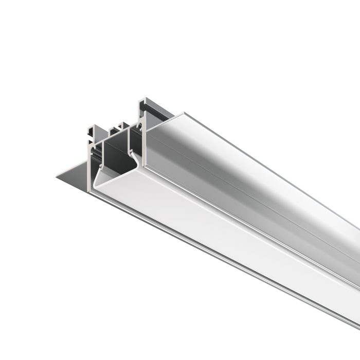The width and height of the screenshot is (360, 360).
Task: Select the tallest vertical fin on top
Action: (x=139, y=111)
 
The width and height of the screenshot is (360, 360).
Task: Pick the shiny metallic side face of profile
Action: (x=247, y=170)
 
